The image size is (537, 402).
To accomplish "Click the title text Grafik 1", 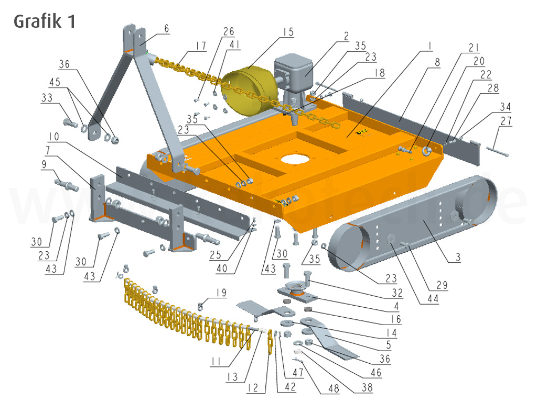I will pos(44,21).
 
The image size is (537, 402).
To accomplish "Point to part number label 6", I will pos(166,29).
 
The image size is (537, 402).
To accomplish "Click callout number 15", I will pos(287,32).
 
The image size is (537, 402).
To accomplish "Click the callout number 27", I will pos(506,121).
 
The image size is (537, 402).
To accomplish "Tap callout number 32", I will pos(397,293).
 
